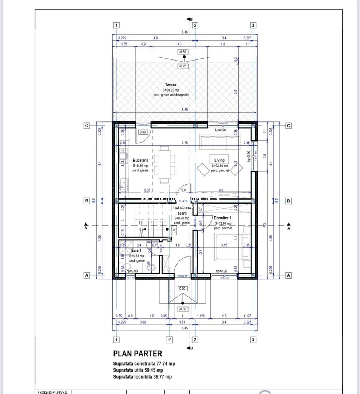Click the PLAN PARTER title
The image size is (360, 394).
point(138,354)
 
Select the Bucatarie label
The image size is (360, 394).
point(140,160)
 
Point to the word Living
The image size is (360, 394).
point(219,160)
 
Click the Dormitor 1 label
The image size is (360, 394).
point(223,218)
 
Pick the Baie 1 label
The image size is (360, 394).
point(136,251)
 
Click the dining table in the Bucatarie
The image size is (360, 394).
point(164,165)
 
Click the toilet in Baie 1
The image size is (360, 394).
point(151,268)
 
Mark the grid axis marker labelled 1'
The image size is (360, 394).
point(169,340)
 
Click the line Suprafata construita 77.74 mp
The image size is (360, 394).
point(144,364)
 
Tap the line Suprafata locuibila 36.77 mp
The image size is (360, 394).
point(142,377)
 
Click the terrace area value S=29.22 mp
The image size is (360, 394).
point(171,90)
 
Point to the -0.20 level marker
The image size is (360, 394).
point(183,66)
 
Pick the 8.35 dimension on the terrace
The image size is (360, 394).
point(185,109)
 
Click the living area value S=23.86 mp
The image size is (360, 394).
point(220,166)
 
